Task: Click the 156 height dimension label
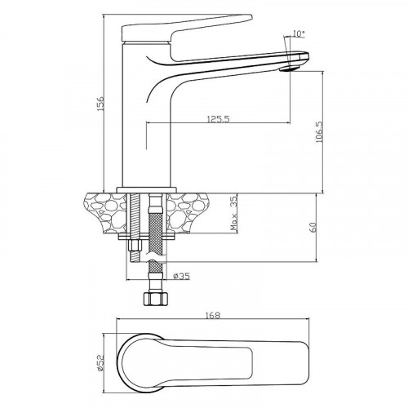tap(100, 103)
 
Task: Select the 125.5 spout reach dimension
tap(219, 118)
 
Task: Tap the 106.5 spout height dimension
tap(320, 131)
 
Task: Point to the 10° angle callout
tap(299, 33)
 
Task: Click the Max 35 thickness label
tap(233, 213)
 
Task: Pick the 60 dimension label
tap(313, 227)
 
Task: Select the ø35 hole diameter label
tap(181, 277)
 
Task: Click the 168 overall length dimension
tap(213, 316)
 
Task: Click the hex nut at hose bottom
tap(154, 299)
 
